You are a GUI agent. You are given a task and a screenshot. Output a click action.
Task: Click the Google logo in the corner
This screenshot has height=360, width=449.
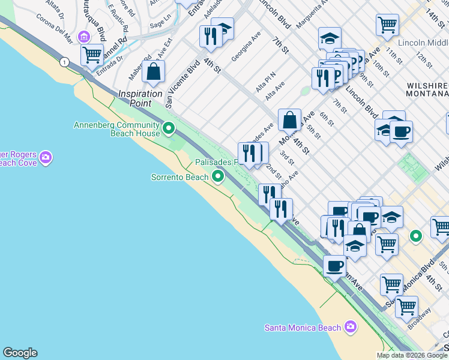[20, 353]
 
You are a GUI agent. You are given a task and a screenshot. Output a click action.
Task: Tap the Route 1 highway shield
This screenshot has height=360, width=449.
[63, 61]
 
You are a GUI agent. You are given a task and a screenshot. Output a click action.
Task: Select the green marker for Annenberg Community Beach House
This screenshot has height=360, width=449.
[169, 128]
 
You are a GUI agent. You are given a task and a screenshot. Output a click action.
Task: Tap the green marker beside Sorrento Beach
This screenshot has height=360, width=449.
[218, 176]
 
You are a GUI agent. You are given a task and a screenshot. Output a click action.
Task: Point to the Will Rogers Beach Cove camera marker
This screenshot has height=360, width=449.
[46, 158]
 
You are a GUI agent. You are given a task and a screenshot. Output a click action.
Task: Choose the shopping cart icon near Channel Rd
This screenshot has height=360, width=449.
[92, 55]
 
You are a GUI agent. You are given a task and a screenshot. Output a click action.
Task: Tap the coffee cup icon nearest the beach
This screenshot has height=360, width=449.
[334, 266]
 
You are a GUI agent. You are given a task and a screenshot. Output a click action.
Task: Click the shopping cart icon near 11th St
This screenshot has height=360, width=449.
[387, 25]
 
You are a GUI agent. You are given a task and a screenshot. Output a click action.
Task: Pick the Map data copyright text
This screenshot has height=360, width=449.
[412, 355]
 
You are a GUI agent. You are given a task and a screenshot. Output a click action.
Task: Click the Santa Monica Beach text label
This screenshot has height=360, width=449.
[303, 328]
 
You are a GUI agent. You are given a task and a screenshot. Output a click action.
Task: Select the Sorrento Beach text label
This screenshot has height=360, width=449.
[179, 177]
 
